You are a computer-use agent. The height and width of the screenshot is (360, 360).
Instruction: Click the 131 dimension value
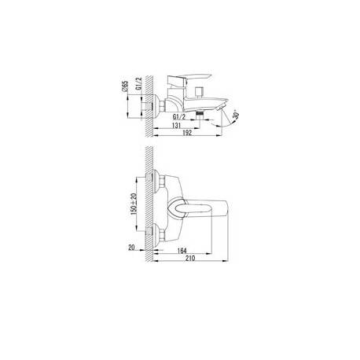(176, 126)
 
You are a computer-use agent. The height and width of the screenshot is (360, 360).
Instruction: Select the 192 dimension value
(187, 133)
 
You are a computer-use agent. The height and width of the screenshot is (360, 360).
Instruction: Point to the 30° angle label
(236, 115)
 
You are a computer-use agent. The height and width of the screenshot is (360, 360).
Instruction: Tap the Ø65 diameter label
(125, 86)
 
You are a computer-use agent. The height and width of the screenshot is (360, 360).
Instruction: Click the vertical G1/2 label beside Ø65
(138, 83)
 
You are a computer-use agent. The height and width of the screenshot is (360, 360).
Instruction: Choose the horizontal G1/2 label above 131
(179, 117)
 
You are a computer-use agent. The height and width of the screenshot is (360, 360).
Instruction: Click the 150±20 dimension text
(134, 204)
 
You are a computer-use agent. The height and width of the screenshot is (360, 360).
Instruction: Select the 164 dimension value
(182, 251)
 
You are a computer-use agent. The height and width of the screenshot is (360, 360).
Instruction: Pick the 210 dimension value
(190, 258)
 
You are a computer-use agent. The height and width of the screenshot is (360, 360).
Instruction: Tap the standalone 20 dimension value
(131, 248)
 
